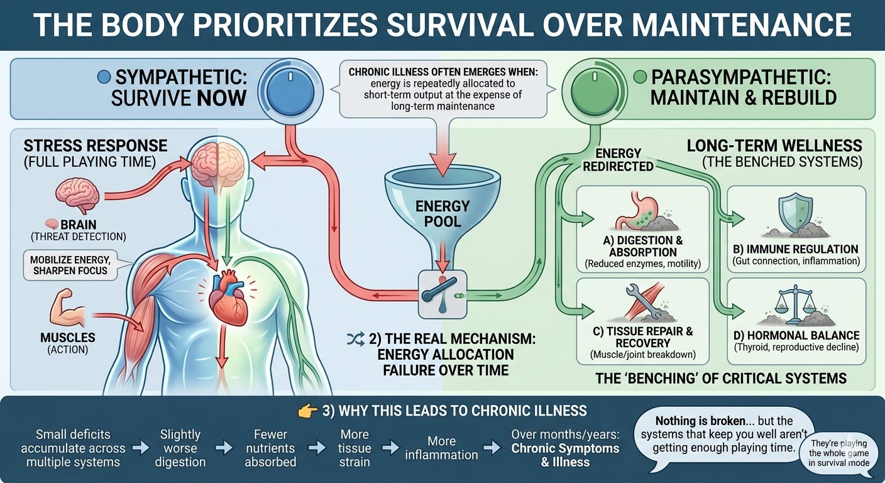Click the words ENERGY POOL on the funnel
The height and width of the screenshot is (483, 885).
[x=442, y=213]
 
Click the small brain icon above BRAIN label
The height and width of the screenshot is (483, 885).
[x=77, y=196]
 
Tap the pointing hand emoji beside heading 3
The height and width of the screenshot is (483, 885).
[x=307, y=411]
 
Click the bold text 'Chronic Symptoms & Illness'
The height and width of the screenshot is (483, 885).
[x=565, y=455]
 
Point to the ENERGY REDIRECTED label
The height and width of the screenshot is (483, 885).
[x=618, y=159]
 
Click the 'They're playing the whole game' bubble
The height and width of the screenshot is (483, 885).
[x=839, y=453]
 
